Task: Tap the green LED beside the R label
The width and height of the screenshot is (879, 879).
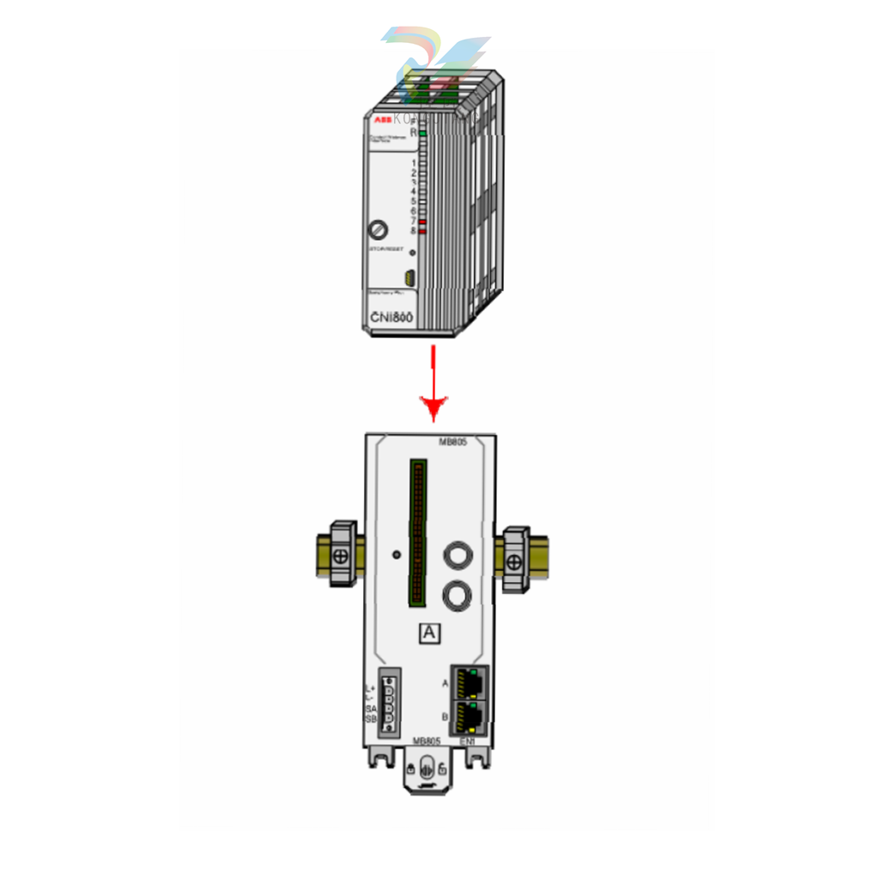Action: [x=423, y=133]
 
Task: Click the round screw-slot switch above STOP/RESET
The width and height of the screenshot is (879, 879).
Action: [x=378, y=229]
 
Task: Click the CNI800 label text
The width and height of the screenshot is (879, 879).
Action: [x=391, y=318]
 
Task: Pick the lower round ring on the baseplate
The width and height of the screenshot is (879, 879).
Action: [x=458, y=593]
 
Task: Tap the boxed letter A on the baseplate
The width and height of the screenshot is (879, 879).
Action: [x=430, y=633]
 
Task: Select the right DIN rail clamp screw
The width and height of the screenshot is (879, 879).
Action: [x=514, y=562]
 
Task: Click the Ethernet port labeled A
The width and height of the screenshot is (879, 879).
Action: [x=470, y=682]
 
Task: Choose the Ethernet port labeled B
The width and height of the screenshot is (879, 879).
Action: [x=470, y=715]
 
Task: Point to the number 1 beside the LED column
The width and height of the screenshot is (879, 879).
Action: [x=414, y=162]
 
